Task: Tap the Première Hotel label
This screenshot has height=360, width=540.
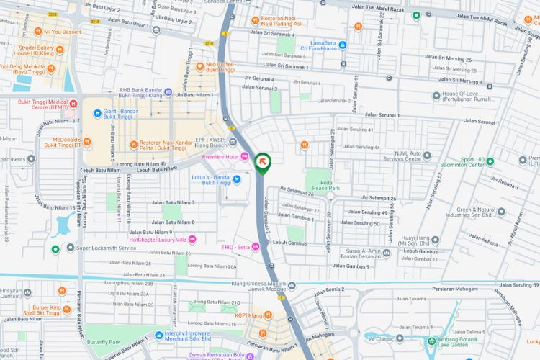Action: pyautogui.click(x=220, y=156)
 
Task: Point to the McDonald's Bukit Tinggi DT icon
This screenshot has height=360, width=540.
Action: pyautogui.click(x=87, y=142)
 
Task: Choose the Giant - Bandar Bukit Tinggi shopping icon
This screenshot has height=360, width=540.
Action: pyautogui.click(x=97, y=114)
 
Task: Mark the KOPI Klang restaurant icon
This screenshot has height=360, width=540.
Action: pyautogui.click(x=268, y=315)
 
